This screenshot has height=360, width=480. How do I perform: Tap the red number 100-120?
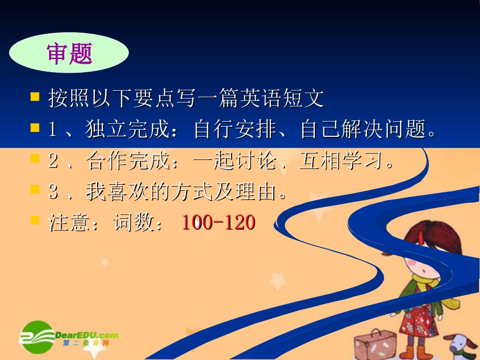tap(218, 223)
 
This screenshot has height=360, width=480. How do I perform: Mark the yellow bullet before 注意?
tap(35, 220)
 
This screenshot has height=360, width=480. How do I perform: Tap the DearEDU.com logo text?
tap(86, 335)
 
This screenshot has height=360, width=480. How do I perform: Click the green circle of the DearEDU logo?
tap(37, 337)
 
